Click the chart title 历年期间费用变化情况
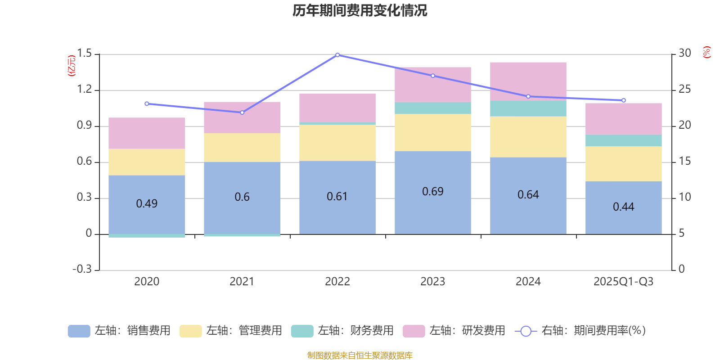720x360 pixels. tap(360, 10)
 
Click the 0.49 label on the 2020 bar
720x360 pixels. tap(147, 204)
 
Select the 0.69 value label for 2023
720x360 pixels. tap(432, 192)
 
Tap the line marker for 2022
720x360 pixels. tap(337, 55)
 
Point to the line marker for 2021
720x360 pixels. tap(242, 112)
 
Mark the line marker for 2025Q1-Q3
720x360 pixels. tap(624, 100)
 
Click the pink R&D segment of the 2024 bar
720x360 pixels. tap(528, 81)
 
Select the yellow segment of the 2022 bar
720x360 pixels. tap(337, 143)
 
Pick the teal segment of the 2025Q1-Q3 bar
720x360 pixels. tap(624, 140)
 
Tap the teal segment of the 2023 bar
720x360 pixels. tap(432, 108)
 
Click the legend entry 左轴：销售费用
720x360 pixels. tap(119, 331)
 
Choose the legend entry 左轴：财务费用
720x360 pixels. tap(342, 331)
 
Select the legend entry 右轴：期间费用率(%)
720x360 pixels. tap(580, 331)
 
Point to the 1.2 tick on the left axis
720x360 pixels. tap(84, 90)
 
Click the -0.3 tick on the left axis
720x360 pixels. tap(82, 269)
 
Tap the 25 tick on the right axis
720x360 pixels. tap(684, 90)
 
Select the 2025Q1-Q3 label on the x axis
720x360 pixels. tap(623, 282)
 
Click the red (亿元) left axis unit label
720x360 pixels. tap(72, 66)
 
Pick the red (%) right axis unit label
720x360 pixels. tap(706, 52)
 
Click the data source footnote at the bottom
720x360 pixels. tap(360, 355)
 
